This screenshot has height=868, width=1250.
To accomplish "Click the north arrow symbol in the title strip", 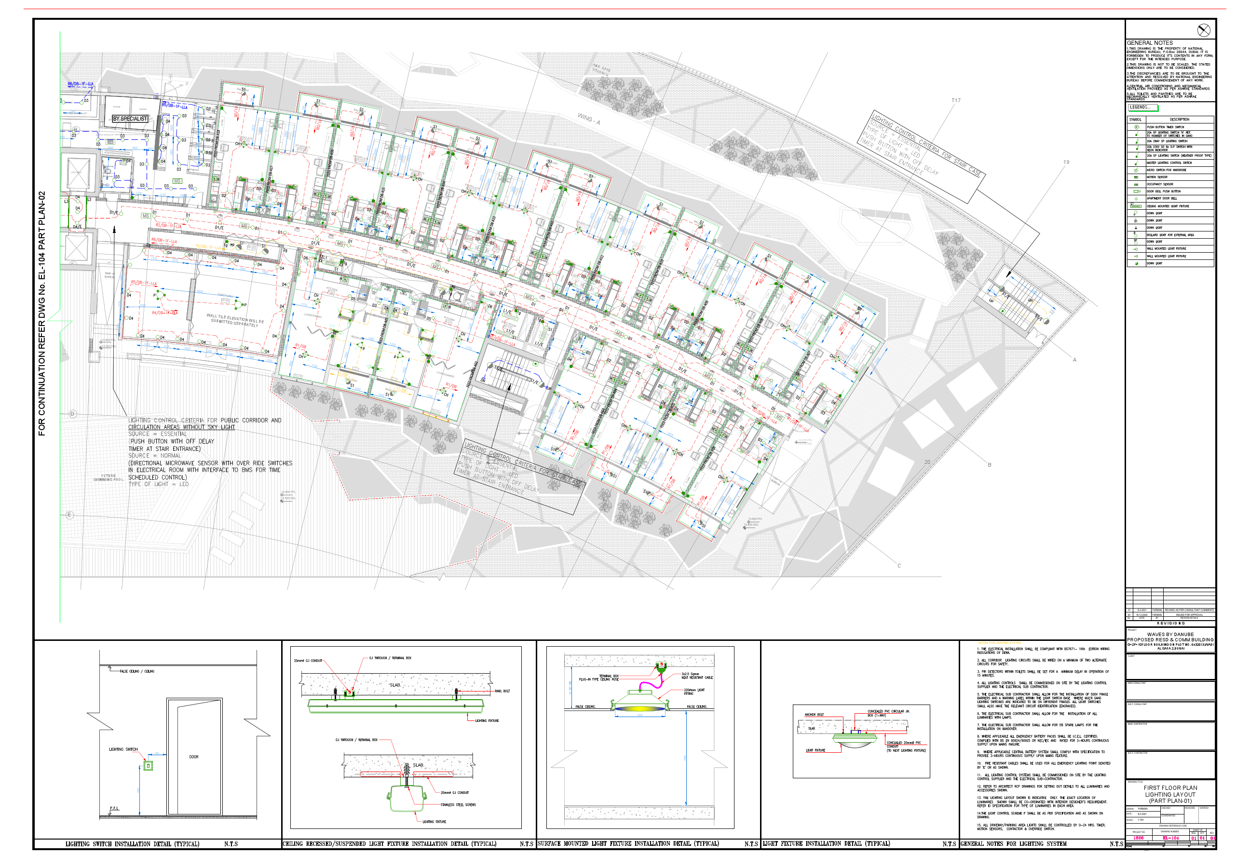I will click(x=1203, y=30).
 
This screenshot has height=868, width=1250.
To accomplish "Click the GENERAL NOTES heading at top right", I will click(x=1149, y=43).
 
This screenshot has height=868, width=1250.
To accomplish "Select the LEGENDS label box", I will click(x=1142, y=108).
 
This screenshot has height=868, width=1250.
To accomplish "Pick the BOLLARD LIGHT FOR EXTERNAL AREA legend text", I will click(x=1170, y=235).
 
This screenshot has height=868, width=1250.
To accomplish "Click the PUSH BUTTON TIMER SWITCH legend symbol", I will click(x=1136, y=127).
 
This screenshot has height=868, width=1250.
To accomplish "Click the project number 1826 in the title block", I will click(x=1138, y=838).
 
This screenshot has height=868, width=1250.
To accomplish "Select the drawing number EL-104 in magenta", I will click(x=1170, y=838).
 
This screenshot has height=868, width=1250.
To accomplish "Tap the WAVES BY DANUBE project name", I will click(x=1170, y=635).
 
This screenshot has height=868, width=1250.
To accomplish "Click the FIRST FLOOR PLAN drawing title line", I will click(x=1170, y=788).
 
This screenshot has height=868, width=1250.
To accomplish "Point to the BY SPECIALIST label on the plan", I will click(x=130, y=119).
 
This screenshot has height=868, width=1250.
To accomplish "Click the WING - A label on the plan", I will click(x=588, y=119).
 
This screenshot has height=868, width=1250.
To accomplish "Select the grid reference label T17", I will click(x=956, y=101).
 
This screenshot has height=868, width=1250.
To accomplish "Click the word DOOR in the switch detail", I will click(x=194, y=757).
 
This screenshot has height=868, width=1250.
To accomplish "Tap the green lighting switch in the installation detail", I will click(x=148, y=766).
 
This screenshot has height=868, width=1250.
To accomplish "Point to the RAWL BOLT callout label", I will click(x=502, y=691).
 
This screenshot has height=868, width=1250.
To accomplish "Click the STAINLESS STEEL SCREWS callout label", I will click(x=458, y=805).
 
